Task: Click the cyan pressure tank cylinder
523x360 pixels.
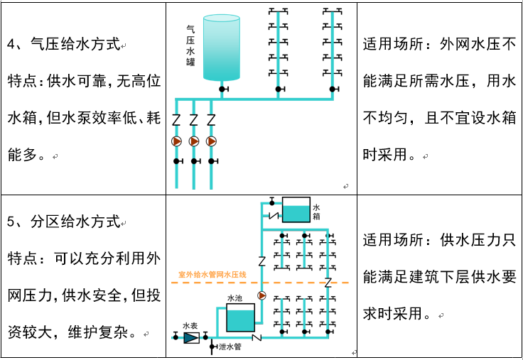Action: [221, 47]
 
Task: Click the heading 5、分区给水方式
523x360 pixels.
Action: [63, 222]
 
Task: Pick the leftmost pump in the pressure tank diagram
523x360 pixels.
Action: [177, 141]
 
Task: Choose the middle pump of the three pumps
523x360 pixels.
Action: [194, 141]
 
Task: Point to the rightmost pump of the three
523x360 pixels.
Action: [211, 141]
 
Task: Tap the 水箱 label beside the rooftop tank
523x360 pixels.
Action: [316, 212]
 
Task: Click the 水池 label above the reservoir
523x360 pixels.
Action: [234, 299]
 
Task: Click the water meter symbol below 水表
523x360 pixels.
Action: [191, 337]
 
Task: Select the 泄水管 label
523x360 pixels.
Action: [230, 347]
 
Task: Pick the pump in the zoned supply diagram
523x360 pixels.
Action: [261, 295]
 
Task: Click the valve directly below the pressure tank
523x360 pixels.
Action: [222, 89]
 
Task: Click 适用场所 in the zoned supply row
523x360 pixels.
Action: [394, 240]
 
